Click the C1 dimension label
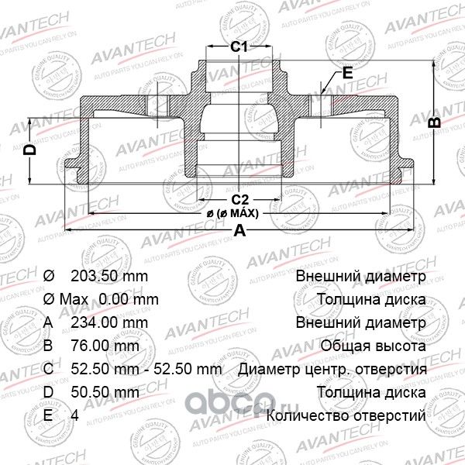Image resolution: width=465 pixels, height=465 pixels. (x=240, y=48)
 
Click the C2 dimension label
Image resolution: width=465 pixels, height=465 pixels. (x=240, y=198)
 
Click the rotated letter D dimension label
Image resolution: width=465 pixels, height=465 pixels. (x=29, y=150)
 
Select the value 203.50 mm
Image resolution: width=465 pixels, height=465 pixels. (x=108, y=277)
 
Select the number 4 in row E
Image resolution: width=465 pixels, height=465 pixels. (x=74, y=416)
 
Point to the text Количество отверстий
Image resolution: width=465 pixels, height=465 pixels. (x=346, y=416)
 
